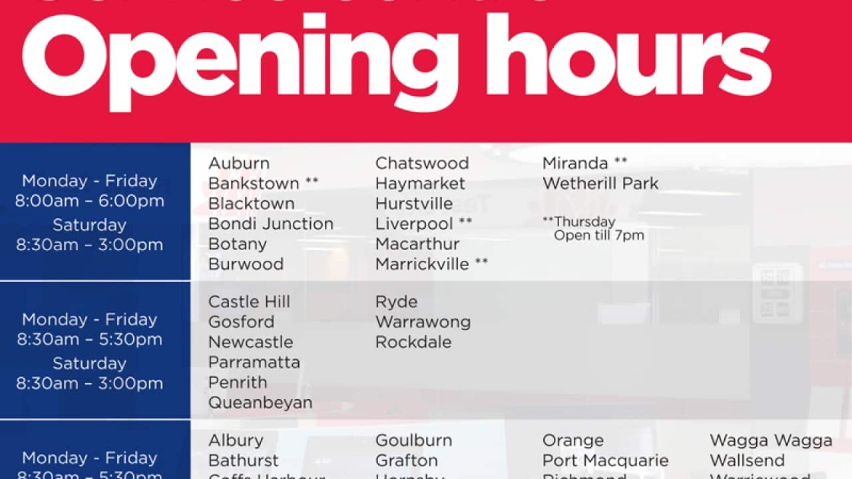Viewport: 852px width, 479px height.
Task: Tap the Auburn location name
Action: (238, 164)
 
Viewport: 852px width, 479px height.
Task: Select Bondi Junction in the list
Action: (270, 224)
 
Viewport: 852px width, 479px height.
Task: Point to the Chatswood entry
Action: (421, 164)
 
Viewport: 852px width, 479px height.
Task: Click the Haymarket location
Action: (420, 184)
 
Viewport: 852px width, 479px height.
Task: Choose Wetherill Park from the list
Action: (600, 184)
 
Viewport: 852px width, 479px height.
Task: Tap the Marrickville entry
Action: (422, 264)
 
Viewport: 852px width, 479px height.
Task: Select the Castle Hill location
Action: (248, 302)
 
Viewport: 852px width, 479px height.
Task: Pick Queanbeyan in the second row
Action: (260, 402)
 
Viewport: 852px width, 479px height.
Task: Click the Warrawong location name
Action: (423, 322)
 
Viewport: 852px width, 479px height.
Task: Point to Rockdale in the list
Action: (413, 342)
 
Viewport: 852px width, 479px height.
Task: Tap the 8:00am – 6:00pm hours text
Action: (89, 201)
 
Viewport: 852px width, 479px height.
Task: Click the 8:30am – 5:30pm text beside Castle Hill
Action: (89, 339)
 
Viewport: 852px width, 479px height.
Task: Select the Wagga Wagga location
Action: (770, 440)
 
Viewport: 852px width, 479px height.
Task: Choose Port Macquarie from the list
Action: (605, 460)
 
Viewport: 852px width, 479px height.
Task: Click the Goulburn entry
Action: (413, 440)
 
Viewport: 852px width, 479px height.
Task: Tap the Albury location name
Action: (235, 440)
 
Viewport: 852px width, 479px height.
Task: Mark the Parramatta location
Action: (254, 363)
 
